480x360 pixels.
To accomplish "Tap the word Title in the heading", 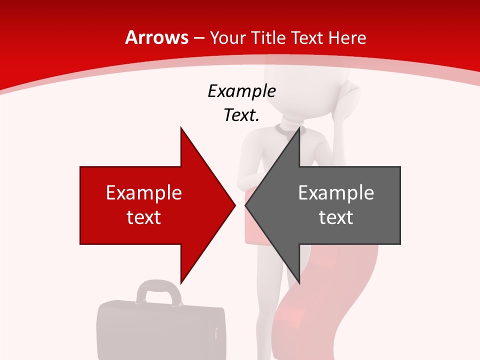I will point(269,37).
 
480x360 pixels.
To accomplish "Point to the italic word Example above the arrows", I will point(241,91).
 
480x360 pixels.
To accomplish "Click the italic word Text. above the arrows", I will point(241,115).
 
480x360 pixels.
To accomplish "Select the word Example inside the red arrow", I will point(144,192).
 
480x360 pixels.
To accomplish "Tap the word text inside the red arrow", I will point(144,217).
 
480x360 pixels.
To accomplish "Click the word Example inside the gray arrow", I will point(336,192).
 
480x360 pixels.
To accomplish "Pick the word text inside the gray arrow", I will point(336,217).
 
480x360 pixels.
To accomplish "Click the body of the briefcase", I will point(160,330).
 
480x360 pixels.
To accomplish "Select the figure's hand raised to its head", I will point(347,95).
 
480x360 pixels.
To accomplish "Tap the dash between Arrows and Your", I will point(199,38).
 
